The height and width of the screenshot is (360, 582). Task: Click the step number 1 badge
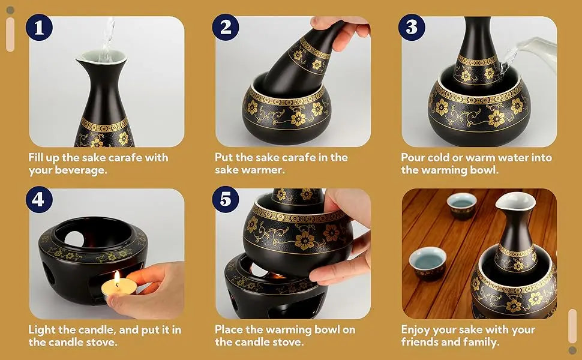[x=39, y=28]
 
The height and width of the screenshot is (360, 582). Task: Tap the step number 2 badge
[x=226, y=28]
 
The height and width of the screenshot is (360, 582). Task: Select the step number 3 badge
[x=412, y=28]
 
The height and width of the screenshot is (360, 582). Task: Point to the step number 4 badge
[x=39, y=199]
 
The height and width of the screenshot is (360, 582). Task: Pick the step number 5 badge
[x=226, y=199]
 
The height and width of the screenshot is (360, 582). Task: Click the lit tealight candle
[x=119, y=287]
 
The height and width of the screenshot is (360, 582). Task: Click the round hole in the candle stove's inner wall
[x=74, y=239]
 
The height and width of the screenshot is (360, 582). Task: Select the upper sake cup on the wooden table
[x=462, y=206]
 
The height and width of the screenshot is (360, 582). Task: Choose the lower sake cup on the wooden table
[x=428, y=263]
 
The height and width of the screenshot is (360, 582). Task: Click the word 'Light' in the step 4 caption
[x=42, y=330]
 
